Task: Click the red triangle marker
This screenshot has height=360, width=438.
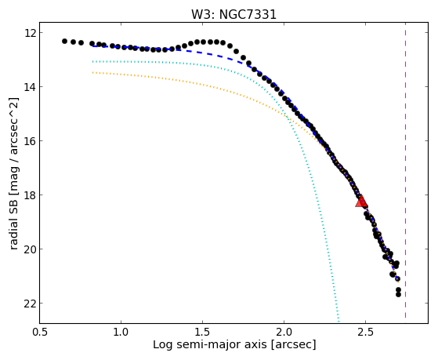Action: [x=361, y=202]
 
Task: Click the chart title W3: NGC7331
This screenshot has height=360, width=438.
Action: [x=233, y=15]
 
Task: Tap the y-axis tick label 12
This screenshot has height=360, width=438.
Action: [x=30, y=33]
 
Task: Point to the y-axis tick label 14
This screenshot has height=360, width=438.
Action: [x=30, y=87]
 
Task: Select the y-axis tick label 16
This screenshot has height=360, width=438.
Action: [x=30, y=140]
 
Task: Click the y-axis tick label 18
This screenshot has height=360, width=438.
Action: [x=30, y=195]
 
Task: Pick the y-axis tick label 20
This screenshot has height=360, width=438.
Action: [x=30, y=249]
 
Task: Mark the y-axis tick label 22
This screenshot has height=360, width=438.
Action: [x=30, y=304]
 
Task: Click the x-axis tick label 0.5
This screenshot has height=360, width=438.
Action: [x=40, y=332]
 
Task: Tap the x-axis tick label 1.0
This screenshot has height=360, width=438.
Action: [x=121, y=332]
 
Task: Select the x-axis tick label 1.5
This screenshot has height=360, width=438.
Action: [x=202, y=332]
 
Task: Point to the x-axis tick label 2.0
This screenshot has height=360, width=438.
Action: [x=284, y=332]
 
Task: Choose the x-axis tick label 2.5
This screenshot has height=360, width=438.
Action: [x=365, y=332]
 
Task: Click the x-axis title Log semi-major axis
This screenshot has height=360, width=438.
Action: [x=210, y=345]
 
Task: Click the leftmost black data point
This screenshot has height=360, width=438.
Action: [x=64, y=41]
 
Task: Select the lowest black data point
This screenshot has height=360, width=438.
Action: [x=398, y=295]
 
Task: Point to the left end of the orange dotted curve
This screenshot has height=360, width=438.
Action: [x=92, y=72]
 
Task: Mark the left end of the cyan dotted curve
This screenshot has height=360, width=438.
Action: [x=92, y=61]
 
